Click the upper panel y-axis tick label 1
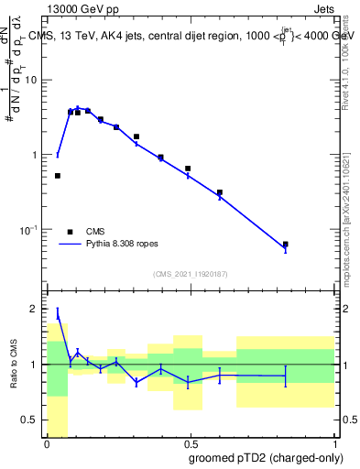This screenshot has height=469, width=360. [x=37, y=155]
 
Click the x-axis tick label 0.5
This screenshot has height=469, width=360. [x=190, y=443]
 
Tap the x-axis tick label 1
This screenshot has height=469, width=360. [x=334, y=443]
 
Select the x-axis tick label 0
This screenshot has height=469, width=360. [x=47, y=443]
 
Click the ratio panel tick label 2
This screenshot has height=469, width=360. [x=37, y=309]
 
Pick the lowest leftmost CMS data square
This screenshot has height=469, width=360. [x=58, y=176]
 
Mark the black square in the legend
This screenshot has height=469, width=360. [x=71, y=232]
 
